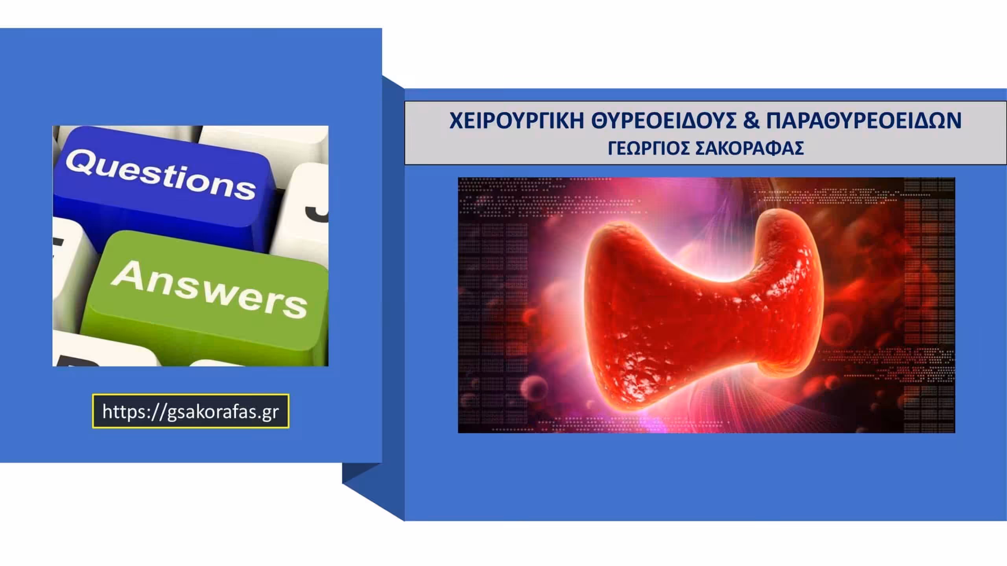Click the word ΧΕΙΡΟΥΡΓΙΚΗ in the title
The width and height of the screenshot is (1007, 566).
point(516,120)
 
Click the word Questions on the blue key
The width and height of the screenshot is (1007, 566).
point(160,175)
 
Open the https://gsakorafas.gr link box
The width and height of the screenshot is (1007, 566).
point(191,411)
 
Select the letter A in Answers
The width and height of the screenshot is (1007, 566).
point(127,274)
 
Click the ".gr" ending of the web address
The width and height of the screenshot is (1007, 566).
point(269,412)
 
